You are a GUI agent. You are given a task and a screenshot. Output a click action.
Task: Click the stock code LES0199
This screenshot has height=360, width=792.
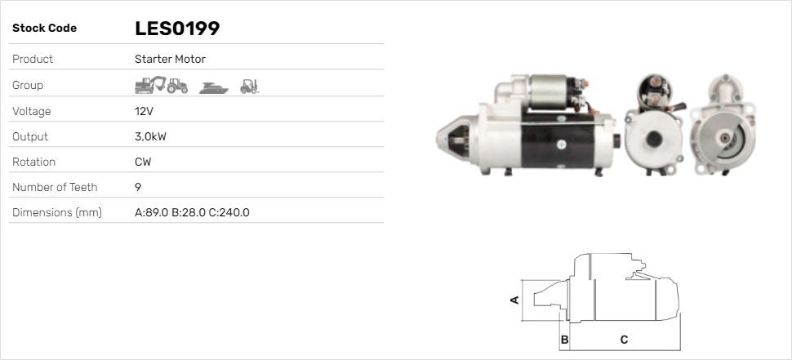coord(177,29)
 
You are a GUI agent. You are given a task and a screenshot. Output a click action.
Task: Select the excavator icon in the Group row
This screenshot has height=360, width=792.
coord(150,85)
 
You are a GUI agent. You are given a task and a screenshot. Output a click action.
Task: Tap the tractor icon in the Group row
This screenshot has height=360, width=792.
coord(177,86)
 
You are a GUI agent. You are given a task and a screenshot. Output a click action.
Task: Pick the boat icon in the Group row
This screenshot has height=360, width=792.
coord(214,88)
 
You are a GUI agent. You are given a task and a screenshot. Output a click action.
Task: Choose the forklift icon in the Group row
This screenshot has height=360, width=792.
coord(249,87)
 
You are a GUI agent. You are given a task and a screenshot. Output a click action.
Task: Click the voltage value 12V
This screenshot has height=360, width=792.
coord(144,111)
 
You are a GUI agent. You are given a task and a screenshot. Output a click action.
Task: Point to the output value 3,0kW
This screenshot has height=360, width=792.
coord(150,136)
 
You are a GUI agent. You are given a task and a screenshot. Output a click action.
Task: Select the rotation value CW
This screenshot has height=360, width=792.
coord(143,162)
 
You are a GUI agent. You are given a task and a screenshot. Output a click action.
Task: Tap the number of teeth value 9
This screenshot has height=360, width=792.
coord(138,187)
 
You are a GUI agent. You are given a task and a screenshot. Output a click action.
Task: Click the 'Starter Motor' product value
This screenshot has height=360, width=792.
coord(170,59)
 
